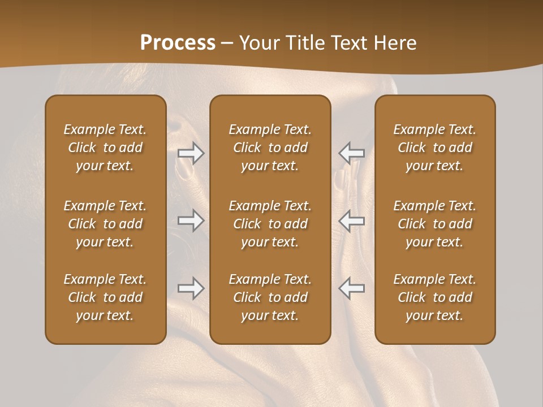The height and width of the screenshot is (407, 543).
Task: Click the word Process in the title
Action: (x=178, y=43)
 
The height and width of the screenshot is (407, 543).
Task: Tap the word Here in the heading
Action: (x=394, y=43)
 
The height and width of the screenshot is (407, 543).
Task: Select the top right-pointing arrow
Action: (x=191, y=153)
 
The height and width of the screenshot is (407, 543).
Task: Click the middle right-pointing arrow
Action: (x=191, y=220)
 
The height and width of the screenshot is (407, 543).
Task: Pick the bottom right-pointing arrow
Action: (x=191, y=288)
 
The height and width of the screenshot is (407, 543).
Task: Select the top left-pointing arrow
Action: (x=352, y=153)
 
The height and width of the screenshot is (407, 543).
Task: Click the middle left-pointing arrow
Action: (x=352, y=220)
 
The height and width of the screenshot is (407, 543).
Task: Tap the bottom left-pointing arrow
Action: (x=352, y=288)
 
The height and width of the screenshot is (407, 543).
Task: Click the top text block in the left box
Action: (x=105, y=148)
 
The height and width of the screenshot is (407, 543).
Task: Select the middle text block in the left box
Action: (x=105, y=224)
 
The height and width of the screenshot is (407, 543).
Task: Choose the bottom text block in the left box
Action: (x=105, y=297)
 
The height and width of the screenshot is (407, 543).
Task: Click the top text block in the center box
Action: (x=270, y=148)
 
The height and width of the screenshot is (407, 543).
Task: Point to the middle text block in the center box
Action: (x=270, y=224)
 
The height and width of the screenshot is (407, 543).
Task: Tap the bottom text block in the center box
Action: (x=270, y=297)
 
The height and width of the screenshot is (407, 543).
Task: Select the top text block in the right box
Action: (x=435, y=148)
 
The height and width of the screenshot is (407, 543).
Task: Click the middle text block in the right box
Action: (x=435, y=224)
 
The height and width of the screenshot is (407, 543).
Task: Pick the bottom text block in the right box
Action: (x=435, y=297)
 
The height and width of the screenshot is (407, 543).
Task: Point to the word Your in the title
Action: (x=258, y=43)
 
